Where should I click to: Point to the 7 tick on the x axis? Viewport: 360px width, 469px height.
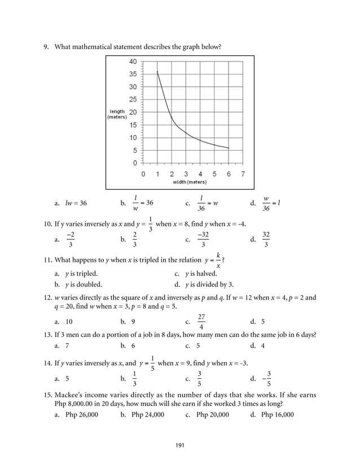[x=243, y=174]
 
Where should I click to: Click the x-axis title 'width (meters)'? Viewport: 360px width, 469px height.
[x=189, y=182]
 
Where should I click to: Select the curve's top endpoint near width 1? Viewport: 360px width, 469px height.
[x=157, y=72]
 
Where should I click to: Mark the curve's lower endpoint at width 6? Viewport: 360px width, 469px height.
[x=229, y=148]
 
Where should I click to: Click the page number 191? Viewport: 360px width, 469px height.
[x=180, y=446]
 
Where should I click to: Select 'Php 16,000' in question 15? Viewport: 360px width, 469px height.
[x=277, y=414]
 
